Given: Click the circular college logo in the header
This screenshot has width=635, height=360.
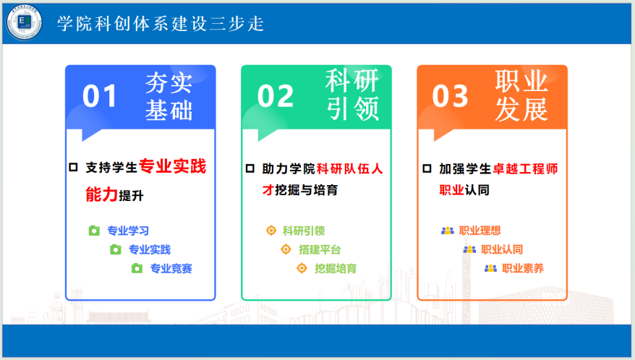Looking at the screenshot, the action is pos(24,22).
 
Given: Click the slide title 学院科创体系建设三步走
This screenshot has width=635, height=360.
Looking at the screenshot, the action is pos(161,23).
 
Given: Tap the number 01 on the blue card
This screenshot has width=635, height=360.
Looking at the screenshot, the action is pos(100,96).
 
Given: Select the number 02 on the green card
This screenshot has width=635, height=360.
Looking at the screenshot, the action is pos(276,96).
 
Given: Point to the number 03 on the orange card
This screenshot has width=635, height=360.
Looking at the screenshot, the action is pos(450,96).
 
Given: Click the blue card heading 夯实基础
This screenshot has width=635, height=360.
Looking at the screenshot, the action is pos(169,96).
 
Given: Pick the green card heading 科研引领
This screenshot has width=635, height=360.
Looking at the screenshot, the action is pos(352,95).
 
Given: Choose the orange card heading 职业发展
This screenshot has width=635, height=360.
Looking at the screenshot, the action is pos(521,95).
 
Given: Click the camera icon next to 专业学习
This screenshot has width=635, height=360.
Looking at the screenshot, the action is pos(94,231).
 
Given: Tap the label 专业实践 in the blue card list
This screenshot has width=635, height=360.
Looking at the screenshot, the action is pos(150,249).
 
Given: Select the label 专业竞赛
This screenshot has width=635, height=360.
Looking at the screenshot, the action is pos(171,268).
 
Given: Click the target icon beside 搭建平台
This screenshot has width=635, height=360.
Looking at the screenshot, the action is pos(286,249).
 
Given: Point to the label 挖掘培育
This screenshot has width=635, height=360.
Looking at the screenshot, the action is pos(336,268).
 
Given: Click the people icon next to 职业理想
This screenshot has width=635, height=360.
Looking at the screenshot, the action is pos(448,231).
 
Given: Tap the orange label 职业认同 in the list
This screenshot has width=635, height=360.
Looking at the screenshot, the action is pos(502,249).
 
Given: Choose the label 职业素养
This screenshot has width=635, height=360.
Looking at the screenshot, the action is pos(523,268).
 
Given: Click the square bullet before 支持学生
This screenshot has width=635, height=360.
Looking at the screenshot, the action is pos(73,167).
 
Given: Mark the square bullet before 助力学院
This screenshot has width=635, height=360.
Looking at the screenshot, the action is pos(250,168).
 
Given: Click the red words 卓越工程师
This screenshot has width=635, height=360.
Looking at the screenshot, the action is pos(525,168).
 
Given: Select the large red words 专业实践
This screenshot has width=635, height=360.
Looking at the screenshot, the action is pos(173,166).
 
